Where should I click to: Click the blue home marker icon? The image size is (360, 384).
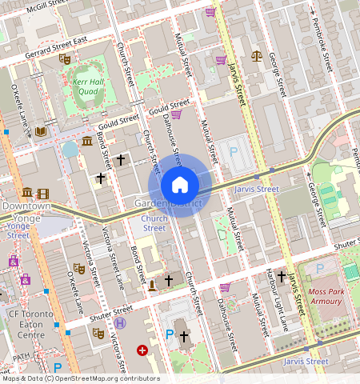(x=180, y=186)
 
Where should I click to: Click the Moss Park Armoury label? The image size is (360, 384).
(x=325, y=296)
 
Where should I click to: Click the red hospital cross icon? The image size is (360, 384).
(x=142, y=350)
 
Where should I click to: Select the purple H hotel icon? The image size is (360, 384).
(x=121, y=322)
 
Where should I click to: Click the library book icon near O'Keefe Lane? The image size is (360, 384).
(x=40, y=131)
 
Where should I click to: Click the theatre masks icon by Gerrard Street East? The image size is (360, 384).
(x=65, y=58)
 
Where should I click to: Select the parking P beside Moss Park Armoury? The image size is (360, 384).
(x=321, y=268)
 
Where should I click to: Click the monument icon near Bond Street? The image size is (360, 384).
(x=152, y=285)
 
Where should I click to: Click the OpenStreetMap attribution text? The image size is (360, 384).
(x=80, y=378)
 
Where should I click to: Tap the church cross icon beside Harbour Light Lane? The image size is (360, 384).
(x=282, y=276)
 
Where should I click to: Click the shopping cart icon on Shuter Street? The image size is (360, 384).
(x=225, y=287)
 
